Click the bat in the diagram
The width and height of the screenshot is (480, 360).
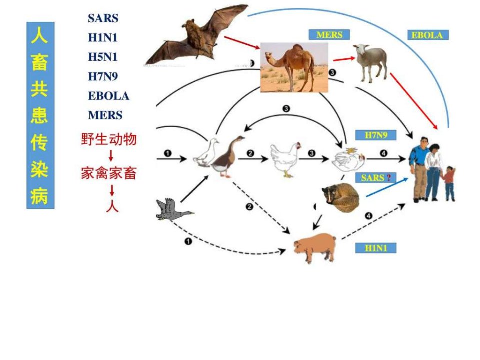196,36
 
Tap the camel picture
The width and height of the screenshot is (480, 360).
294,67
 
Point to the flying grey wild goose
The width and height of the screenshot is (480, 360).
173,209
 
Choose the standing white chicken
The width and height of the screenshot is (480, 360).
285,159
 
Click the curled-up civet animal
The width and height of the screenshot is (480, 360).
340,198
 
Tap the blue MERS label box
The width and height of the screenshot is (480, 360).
329,35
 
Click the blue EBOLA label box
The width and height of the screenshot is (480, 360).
428,35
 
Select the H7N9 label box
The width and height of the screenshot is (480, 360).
376,135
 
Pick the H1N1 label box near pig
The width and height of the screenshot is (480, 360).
376,248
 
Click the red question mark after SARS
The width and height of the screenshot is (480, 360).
389,178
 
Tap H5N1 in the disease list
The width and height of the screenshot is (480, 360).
103,57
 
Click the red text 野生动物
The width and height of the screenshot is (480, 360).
109,139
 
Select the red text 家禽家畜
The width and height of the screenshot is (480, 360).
109,173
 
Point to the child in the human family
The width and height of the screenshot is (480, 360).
449,183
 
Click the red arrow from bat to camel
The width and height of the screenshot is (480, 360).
242,43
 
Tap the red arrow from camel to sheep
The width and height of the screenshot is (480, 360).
344,59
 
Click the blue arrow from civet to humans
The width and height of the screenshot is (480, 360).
387,187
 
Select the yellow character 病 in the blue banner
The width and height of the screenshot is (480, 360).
40,196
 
